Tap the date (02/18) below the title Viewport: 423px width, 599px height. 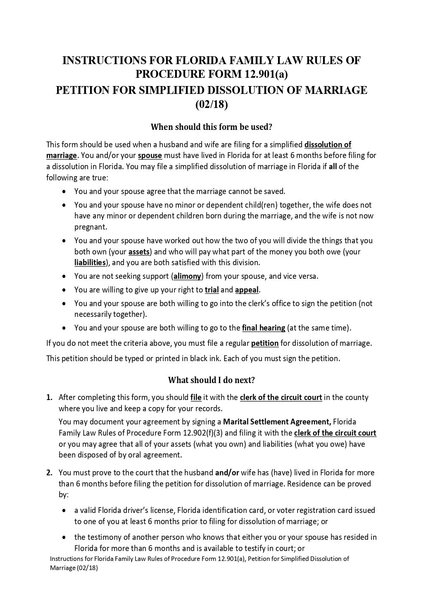[x=211, y=105]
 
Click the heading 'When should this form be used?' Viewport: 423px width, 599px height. [x=211, y=127]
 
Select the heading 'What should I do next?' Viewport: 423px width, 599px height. [x=211, y=380]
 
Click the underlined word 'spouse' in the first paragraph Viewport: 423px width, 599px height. [x=150, y=156]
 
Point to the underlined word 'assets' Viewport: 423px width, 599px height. [x=139, y=252]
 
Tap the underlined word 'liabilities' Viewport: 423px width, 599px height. [x=90, y=262]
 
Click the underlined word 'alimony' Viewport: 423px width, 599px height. [x=188, y=276]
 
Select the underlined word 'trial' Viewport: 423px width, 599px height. [x=212, y=290]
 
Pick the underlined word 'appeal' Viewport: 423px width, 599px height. [x=247, y=290]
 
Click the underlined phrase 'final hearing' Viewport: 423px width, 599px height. [x=264, y=328]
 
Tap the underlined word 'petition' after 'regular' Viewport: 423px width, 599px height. [x=265, y=343]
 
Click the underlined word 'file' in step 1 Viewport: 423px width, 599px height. [x=196, y=398]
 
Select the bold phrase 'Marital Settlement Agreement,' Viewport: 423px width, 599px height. [x=277, y=422]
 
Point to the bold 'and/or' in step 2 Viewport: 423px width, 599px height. [x=227, y=472]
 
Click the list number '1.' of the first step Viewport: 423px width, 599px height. [x=49, y=398]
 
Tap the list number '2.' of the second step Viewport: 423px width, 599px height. [x=49, y=472]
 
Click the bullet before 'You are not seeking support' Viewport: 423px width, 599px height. [x=64, y=276]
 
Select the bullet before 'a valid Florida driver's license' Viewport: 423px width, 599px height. [x=64, y=510]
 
